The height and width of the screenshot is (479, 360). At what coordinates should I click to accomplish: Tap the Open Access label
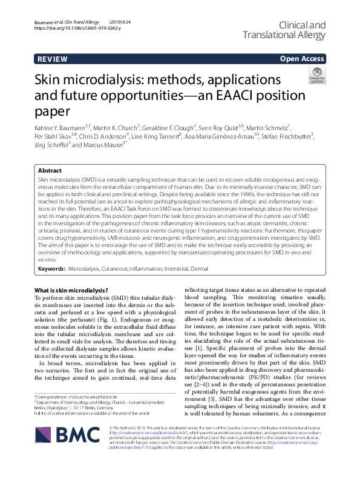(x=302, y=59)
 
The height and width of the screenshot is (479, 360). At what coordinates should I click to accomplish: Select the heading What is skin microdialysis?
(x=71, y=290)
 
